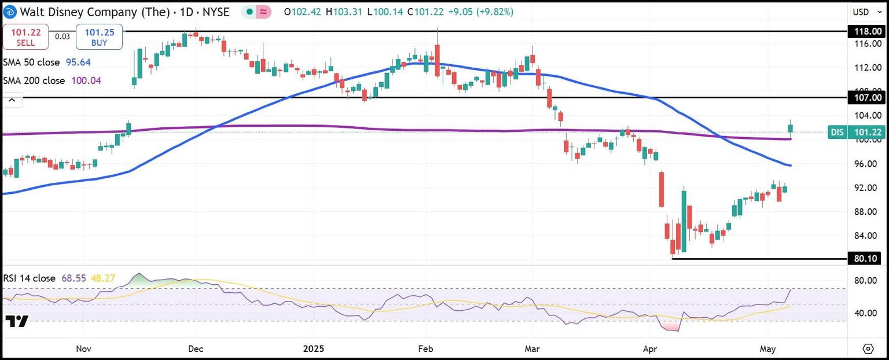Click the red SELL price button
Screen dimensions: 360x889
[25, 37]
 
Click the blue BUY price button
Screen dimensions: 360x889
[99, 37]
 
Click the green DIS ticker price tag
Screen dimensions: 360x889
[857, 133]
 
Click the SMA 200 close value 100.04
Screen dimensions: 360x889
[86, 80]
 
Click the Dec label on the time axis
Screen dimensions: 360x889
[196, 349]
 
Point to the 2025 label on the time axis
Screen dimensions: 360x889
[314, 349]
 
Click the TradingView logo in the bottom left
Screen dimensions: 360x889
[17, 321]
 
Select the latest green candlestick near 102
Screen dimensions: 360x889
[791, 128]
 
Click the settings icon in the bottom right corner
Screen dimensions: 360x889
[868, 348]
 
